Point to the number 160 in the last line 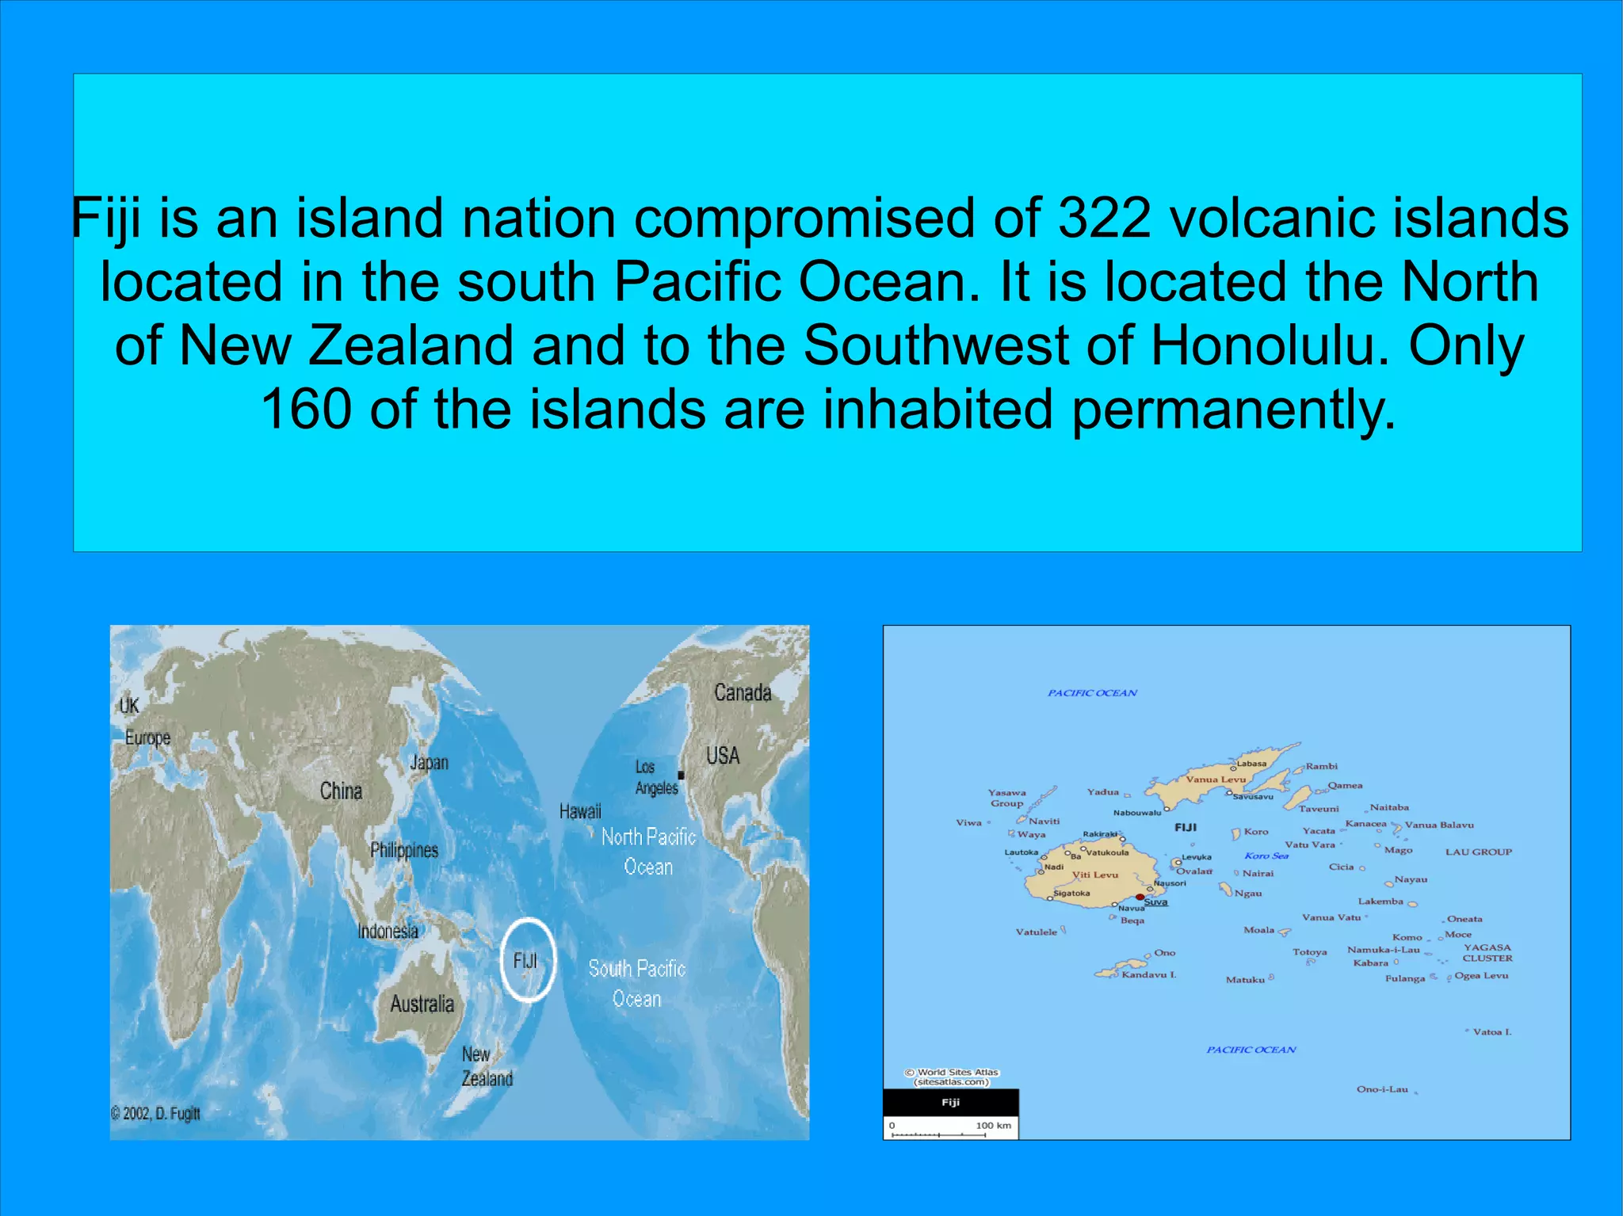click(x=306, y=410)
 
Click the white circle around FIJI click(x=528, y=959)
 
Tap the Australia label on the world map click(x=422, y=1004)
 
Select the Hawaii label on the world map click(x=580, y=811)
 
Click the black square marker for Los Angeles click(x=681, y=775)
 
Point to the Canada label click(x=743, y=692)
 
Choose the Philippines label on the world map click(x=404, y=850)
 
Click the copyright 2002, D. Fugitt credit click(x=156, y=1113)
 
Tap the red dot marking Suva click(x=1140, y=898)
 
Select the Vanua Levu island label click(x=1216, y=780)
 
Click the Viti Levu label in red click(x=1095, y=875)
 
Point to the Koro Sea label click(x=1266, y=856)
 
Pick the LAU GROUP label click(x=1479, y=852)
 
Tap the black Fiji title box click(x=951, y=1102)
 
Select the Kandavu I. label click(x=1149, y=974)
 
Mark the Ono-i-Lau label click(x=1382, y=1089)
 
